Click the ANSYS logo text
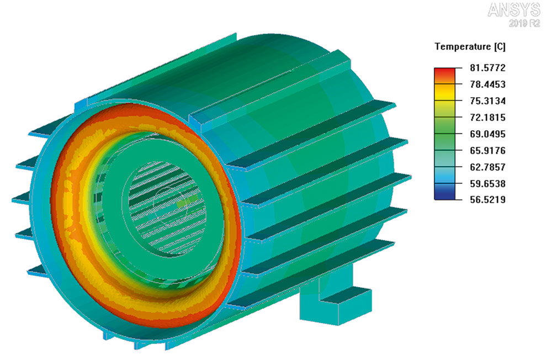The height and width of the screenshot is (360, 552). click(513, 10)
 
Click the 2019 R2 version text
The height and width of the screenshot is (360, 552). click(524, 23)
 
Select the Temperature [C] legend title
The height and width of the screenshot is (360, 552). click(470, 46)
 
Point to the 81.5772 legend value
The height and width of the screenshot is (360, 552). click(487, 67)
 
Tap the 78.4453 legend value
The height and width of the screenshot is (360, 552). click(487, 84)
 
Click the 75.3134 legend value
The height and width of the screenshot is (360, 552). click(487, 100)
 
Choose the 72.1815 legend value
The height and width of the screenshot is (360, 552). click(487, 117)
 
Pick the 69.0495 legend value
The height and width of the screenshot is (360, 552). click(487, 134)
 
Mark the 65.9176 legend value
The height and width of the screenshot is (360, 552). click(487, 150)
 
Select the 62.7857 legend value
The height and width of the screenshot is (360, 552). click(487, 167)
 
